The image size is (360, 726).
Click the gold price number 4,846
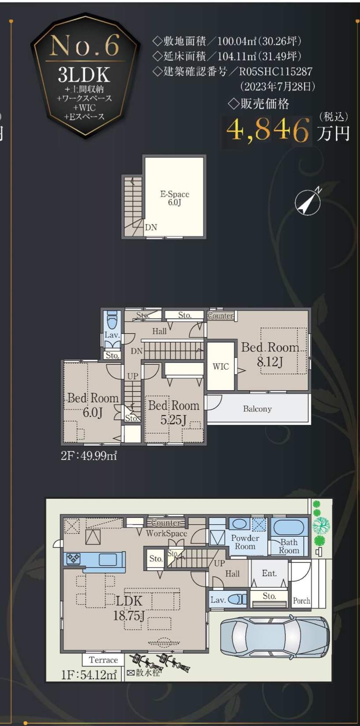tap(268, 130)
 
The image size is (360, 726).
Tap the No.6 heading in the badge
tap(84, 45)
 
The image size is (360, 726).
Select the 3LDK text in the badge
tap(84, 75)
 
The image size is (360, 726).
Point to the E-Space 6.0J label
tap(174, 198)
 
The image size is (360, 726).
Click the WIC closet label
tap(220, 367)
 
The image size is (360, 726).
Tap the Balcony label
tap(257, 409)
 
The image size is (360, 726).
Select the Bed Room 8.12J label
tap(270, 354)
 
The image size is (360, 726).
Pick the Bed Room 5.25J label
tap(174, 413)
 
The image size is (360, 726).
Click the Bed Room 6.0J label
tap(93, 405)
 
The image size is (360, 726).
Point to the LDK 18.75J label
tap(129, 608)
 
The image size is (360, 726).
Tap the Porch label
tap(301, 601)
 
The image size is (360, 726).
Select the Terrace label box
tap(103, 660)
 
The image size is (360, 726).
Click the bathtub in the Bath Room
tap(289, 527)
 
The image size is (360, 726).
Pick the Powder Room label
tap(245, 542)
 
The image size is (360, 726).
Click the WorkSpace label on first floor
tap(166, 533)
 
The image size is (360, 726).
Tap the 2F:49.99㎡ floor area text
tap(88, 456)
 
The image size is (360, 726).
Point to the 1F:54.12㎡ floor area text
tap(89, 675)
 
